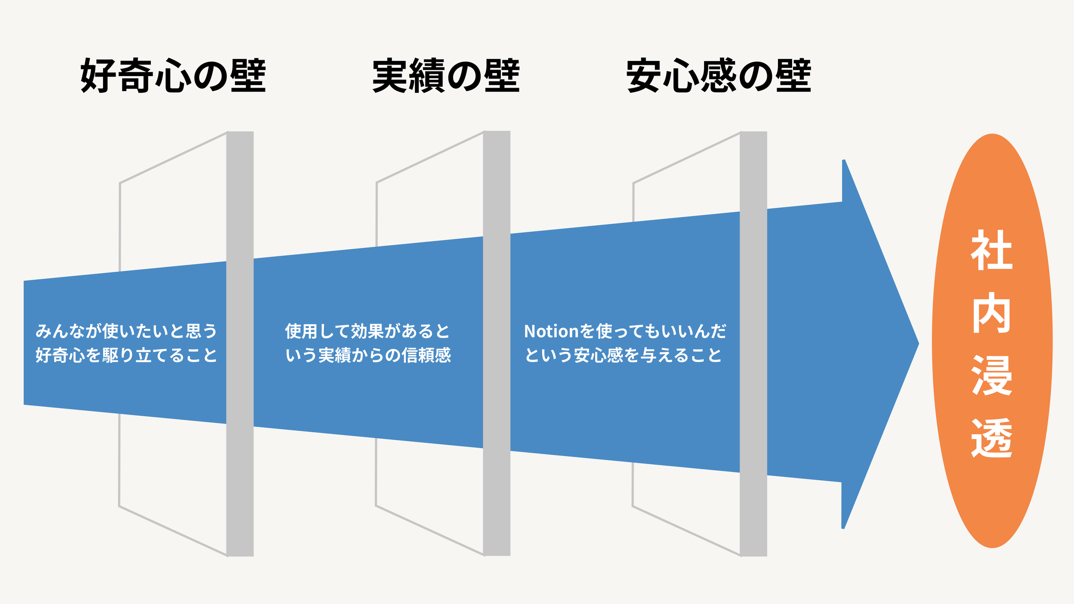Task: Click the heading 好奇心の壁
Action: click(173, 76)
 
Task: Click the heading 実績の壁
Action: click(446, 76)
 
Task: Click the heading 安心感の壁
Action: click(719, 76)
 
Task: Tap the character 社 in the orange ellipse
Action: click(992, 250)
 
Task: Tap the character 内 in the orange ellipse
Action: click(992, 313)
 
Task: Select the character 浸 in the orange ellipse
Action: click(992, 375)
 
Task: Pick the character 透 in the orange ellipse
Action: click(992, 438)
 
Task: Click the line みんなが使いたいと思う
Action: click(126, 331)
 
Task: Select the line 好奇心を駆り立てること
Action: click(126, 355)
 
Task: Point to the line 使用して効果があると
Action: click(367, 331)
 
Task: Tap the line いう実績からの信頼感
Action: click(368, 355)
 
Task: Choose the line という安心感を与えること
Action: click(623, 355)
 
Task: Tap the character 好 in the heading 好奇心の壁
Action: click(98, 76)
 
